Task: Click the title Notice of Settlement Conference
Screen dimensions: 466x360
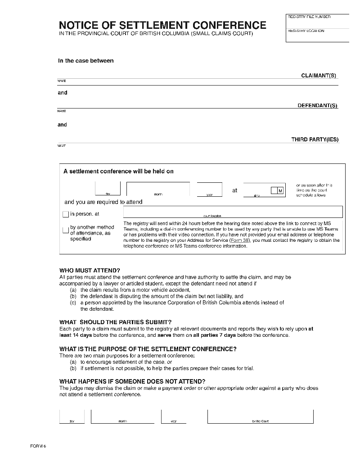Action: [162, 25]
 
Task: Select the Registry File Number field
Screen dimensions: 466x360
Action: [317, 22]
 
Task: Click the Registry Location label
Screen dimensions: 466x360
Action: [306, 31]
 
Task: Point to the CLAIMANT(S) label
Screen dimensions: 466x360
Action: [319, 76]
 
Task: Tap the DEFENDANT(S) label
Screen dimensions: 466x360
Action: [317, 106]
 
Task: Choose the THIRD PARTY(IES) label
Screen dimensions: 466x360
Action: [315, 140]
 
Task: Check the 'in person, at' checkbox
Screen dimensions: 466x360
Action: [66, 214]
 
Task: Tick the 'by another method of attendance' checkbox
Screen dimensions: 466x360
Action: [66, 231]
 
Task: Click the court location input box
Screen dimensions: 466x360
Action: [233, 212]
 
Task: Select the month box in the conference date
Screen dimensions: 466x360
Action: [158, 189]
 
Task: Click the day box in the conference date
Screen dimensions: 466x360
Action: [108, 189]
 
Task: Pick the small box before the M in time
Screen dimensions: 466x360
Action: [274, 190]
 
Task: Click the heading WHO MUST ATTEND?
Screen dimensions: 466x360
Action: [90, 271]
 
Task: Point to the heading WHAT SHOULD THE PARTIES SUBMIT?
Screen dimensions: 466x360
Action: [115, 322]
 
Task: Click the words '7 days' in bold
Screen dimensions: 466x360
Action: [226, 335]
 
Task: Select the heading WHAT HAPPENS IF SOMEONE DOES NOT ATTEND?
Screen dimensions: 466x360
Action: [132, 381]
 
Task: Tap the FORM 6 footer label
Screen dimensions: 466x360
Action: [38, 446]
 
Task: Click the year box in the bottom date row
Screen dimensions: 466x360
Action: [173, 416]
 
